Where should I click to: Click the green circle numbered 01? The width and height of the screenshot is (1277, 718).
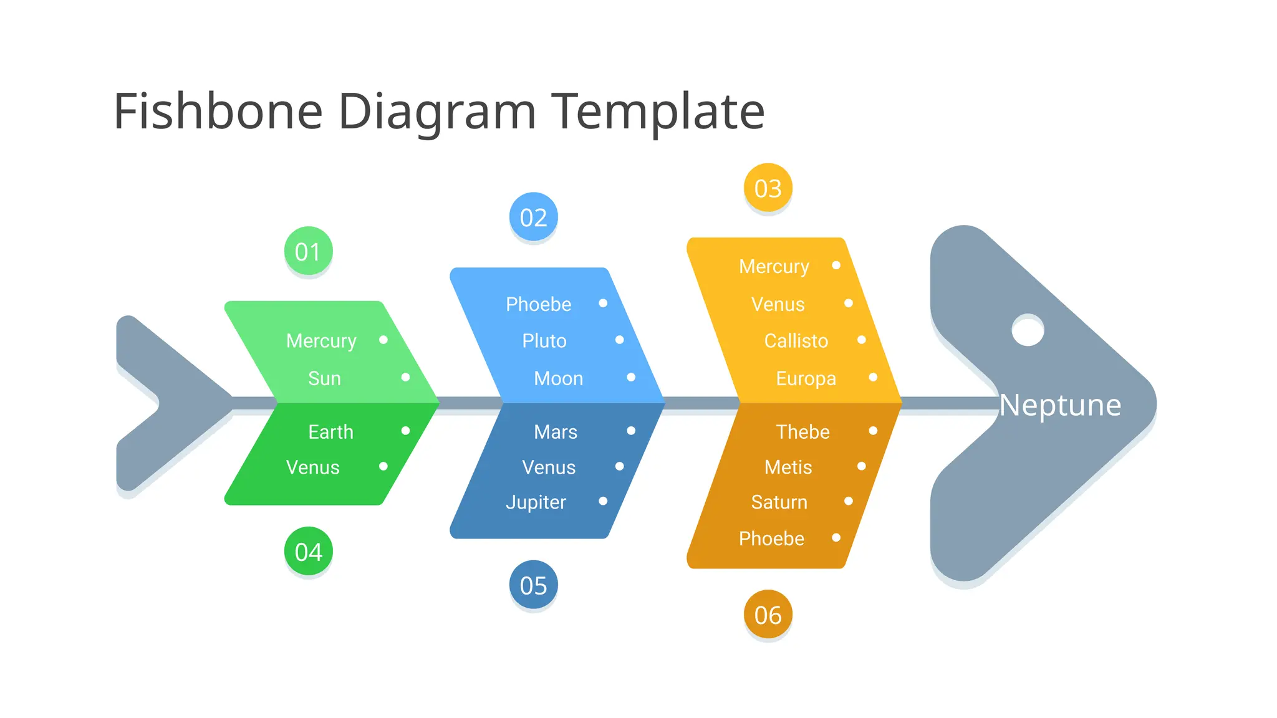point(308,251)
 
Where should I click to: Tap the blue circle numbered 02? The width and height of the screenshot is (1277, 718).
point(533,217)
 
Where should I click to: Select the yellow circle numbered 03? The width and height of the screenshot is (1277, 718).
point(768,188)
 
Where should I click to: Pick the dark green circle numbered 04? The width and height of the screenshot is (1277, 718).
point(308,552)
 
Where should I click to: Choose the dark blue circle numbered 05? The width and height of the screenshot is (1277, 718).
point(533,585)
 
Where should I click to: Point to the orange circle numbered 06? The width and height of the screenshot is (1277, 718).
point(768,615)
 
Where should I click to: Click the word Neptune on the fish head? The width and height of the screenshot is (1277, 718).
point(1060,405)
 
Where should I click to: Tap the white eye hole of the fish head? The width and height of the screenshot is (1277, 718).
point(1028,330)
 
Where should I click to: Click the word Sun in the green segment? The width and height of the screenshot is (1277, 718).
point(324,378)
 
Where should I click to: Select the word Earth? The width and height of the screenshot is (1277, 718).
point(330,432)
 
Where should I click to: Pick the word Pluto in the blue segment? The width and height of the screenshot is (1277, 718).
point(544,341)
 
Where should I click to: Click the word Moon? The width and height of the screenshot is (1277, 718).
point(558,378)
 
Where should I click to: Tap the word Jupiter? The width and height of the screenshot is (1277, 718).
point(536,502)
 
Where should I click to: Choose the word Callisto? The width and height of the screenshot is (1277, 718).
point(796,341)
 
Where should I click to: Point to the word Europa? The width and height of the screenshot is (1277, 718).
point(806,378)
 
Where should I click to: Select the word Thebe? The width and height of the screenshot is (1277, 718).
point(802,432)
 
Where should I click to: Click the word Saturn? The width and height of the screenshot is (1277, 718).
point(779,502)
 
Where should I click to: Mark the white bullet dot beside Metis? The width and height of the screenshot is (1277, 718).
point(861,466)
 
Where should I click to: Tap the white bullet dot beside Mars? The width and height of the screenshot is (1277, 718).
point(631,431)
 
